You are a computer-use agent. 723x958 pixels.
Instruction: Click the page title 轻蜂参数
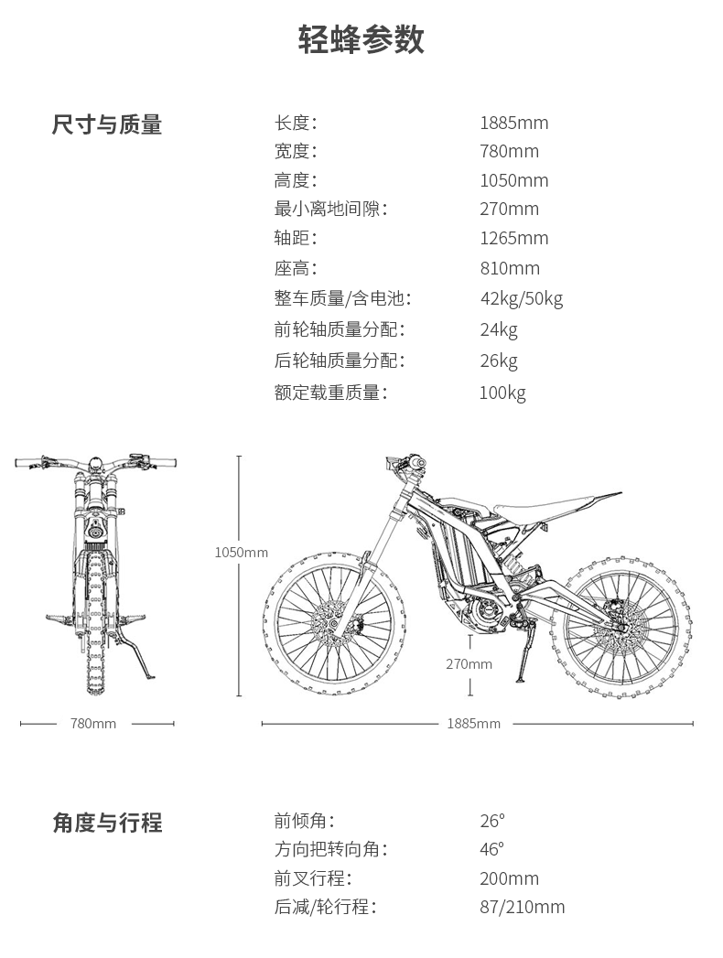coord(361,40)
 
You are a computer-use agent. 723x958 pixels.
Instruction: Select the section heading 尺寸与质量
coord(107,124)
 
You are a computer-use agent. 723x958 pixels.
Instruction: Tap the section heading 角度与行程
coord(108,823)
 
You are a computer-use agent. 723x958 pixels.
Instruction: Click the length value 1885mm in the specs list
coord(514,123)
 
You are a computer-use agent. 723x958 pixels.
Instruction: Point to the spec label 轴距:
coord(296,238)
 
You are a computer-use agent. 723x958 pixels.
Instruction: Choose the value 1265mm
coord(514,238)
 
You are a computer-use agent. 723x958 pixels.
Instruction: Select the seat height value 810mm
coord(510,268)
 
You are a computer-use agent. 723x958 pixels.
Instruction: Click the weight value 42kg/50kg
coord(522,299)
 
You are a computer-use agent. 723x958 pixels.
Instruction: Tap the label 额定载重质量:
coord(330,393)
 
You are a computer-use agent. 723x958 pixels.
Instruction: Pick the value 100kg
coord(502,393)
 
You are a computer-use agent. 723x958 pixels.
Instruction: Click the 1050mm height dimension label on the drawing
coord(242,553)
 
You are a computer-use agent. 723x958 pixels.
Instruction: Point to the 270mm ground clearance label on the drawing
coord(469,664)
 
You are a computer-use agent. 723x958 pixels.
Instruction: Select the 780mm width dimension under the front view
coord(93,724)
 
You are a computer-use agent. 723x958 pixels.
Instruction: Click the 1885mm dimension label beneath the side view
coord(474,724)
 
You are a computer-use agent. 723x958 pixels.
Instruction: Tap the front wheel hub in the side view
coord(334,623)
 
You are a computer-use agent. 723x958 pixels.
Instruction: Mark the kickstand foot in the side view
coord(522,680)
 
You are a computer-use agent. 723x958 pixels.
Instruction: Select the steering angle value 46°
coord(492,849)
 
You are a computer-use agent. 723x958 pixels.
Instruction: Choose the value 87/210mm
coord(523,907)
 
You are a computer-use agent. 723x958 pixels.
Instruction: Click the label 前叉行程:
coord(313,878)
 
